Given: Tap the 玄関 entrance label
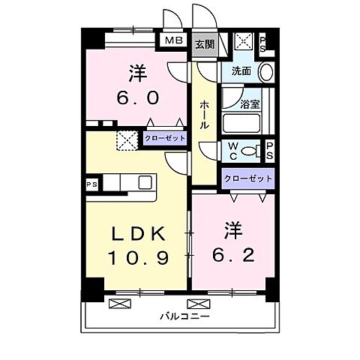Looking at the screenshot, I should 204,44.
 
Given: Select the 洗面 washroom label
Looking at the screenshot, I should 241,72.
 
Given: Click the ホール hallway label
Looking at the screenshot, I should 204,115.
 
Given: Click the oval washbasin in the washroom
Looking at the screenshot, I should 265,73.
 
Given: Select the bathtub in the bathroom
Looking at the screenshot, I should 239,121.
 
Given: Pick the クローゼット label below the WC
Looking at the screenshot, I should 247,178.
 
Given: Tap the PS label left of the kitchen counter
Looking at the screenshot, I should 91,183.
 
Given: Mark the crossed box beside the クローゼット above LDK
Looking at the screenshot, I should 125,139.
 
